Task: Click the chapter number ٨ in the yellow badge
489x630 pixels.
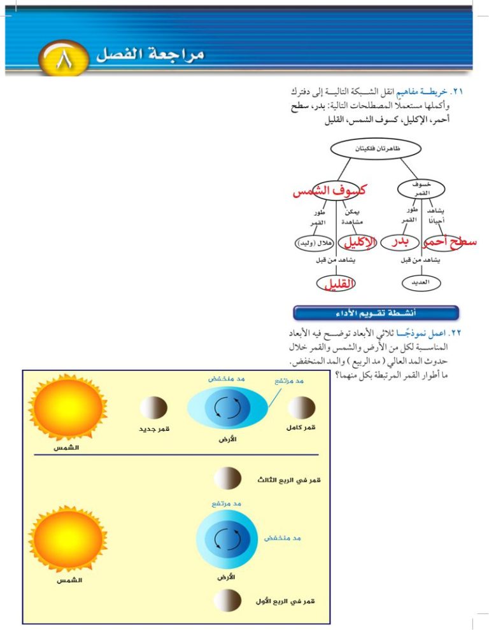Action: click(64, 59)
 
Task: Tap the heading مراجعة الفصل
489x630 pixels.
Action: click(150, 54)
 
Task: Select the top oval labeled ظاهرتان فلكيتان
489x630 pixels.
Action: click(376, 149)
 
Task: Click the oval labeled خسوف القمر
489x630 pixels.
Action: click(421, 189)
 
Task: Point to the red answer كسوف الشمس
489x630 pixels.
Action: click(329, 191)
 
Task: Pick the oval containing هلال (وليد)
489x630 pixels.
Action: click(314, 243)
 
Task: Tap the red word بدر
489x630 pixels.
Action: click(400, 242)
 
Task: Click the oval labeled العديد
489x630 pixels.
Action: click(421, 283)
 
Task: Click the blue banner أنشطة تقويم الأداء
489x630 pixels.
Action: click(376, 313)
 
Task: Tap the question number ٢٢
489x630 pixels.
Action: click(456, 333)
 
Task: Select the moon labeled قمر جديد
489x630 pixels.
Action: click(153, 408)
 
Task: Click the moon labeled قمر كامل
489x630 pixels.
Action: click(302, 407)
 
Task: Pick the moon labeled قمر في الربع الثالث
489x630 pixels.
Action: click(227, 478)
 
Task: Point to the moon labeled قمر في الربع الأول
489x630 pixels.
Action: click(227, 601)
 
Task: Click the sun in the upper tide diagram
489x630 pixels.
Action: click(67, 407)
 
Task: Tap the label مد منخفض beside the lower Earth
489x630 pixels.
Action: click(282, 538)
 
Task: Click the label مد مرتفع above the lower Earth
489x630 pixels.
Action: click(227, 503)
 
